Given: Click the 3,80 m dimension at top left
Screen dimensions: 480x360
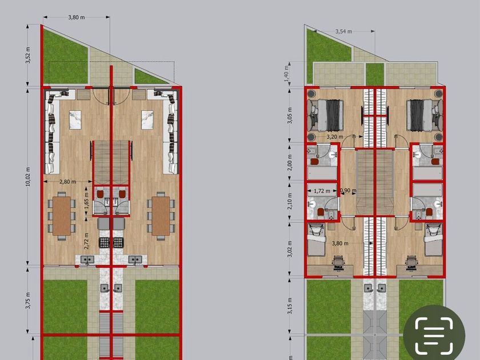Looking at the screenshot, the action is pyautogui.click(x=77, y=18).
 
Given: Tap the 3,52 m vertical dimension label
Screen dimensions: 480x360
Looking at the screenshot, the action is pyautogui.click(x=28, y=55).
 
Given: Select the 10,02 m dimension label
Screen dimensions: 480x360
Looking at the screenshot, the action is pyautogui.click(x=28, y=177).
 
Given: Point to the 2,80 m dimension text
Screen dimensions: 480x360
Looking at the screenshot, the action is pyautogui.click(x=67, y=182).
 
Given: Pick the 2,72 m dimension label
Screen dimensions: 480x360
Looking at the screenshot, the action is pyautogui.click(x=86, y=241).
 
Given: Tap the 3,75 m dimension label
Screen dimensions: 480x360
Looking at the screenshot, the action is pyautogui.click(x=28, y=301).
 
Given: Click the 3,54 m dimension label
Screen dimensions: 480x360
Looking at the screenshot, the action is pyautogui.click(x=344, y=31).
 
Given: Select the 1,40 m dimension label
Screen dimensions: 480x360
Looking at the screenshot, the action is pyautogui.click(x=286, y=74).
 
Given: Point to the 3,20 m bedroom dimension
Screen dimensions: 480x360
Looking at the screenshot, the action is pyautogui.click(x=335, y=137).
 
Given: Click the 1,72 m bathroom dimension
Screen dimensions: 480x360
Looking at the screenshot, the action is pyautogui.click(x=322, y=191).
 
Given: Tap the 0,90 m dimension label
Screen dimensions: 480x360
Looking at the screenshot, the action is pyautogui.click(x=349, y=190).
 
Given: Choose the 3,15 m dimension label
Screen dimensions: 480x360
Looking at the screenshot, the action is pyautogui.click(x=290, y=306).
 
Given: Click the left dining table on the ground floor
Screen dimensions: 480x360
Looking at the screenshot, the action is pyautogui.click(x=62, y=216).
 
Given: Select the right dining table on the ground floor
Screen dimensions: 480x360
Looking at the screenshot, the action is pyautogui.click(x=161, y=216).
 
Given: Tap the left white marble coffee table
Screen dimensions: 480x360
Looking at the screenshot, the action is pyautogui.click(x=75, y=119).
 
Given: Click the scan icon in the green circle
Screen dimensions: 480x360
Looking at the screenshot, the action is pyautogui.click(x=434, y=335).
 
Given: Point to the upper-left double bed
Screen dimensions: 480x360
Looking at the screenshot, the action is pyautogui.click(x=325, y=115).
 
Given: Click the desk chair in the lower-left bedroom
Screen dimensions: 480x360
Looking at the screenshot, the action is pyautogui.click(x=338, y=262).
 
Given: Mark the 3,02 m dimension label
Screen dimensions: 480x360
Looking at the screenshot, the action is pyautogui.click(x=290, y=249).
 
